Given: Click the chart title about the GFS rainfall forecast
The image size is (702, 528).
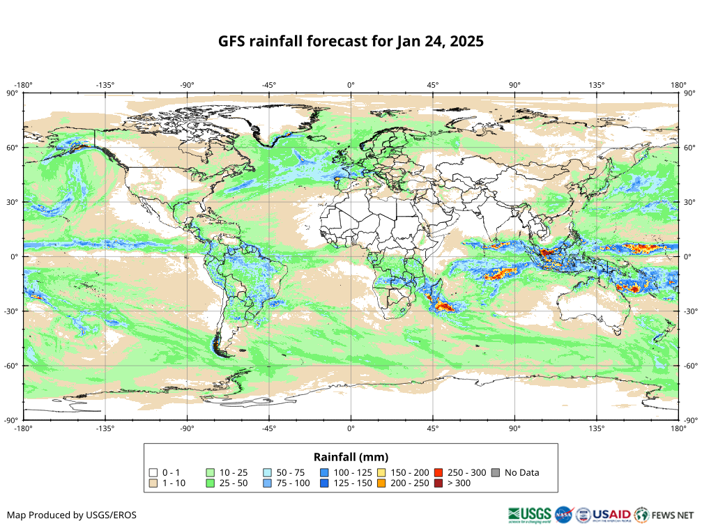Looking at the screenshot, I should pyautogui.click(x=351, y=41).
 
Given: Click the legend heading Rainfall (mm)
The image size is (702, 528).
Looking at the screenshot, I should pyautogui.click(x=351, y=457).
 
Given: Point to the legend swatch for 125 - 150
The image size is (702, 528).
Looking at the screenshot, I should pyautogui.click(x=325, y=483).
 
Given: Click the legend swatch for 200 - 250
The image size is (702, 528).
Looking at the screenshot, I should pyautogui.click(x=381, y=483).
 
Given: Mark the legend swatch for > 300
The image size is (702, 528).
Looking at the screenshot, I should pyautogui.click(x=438, y=483).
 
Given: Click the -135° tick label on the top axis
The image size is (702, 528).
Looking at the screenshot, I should pyautogui.click(x=105, y=85).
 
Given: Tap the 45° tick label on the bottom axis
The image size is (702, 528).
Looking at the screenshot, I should pyautogui.click(x=433, y=428).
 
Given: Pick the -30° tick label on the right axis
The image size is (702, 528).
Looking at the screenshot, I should pyautogui.click(x=690, y=311).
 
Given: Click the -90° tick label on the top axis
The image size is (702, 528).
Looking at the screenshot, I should pyautogui.click(x=187, y=85).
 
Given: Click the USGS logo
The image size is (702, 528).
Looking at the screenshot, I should pyautogui.click(x=530, y=515).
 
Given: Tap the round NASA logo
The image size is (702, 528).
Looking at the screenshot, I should pyautogui.click(x=563, y=515).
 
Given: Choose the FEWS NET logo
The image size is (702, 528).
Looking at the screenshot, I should pyautogui.click(x=665, y=515).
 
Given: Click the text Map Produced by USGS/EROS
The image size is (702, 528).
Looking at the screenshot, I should pyautogui.click(x=72, y=515).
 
